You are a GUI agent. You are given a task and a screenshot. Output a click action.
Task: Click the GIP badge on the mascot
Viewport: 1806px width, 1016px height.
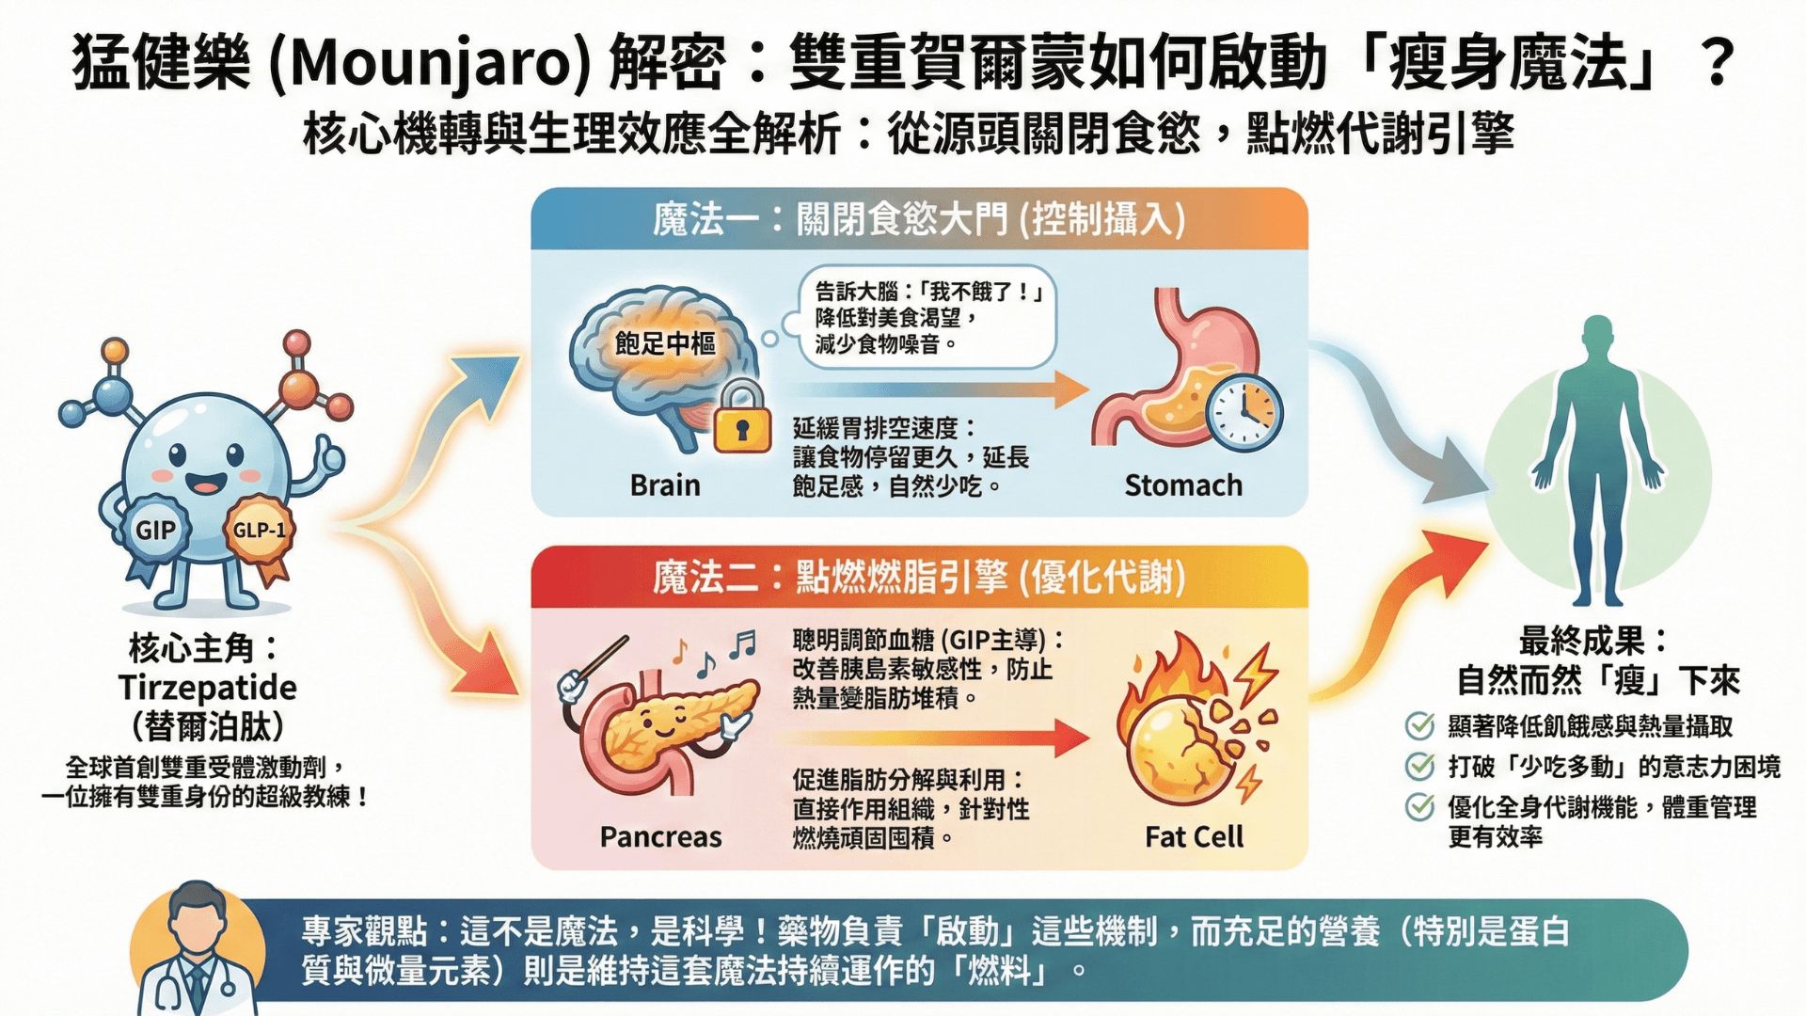pos(155,531)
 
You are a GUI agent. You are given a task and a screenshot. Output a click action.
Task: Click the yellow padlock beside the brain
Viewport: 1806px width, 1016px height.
pos(741,419)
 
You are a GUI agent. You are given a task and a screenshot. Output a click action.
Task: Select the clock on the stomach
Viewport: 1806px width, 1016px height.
pos(1244,413)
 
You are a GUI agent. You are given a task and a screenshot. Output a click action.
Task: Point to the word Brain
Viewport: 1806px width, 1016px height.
pos(665,485)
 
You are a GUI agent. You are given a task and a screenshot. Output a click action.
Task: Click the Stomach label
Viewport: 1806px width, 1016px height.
pos(1183,485)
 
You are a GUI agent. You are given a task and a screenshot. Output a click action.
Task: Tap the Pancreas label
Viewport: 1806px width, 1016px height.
pos(660,836)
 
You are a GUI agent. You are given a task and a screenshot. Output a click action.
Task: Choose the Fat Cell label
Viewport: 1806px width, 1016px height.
pos(1194,836)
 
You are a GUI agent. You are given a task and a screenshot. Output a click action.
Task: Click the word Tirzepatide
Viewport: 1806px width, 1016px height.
pos(208,688)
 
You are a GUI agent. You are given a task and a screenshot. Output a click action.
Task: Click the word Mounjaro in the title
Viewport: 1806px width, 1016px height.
pos(429,64)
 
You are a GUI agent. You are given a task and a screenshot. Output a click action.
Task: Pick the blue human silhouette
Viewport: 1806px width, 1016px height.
pos(1597,461)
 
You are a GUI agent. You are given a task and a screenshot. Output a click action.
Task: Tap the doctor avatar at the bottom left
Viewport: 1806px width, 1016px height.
pos(196,950)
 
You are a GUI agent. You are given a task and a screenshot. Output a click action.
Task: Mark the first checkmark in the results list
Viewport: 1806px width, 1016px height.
pos(1419,726)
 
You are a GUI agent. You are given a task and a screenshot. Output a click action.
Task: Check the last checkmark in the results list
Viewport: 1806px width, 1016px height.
pos(1419,807)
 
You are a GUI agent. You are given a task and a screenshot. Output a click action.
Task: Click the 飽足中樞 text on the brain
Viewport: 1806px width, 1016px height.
pos(665,343)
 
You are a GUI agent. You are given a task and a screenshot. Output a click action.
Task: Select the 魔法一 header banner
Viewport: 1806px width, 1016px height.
pos(919,219)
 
